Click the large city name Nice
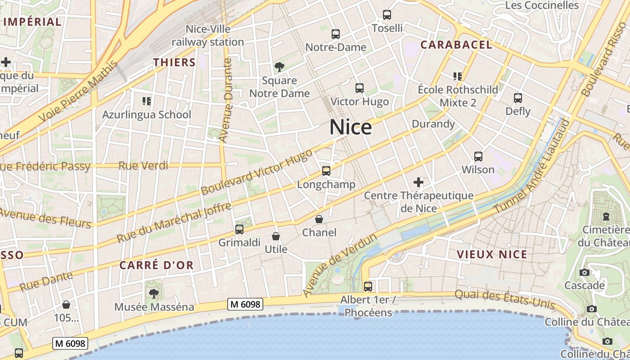click(351, 127)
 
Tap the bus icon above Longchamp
click(326, 171)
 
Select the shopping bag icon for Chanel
click(319, 220)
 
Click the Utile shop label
click(276, 248)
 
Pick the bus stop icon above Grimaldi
click(239, 229)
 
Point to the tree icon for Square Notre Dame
click(279, 67)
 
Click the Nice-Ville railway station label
click(208, 36)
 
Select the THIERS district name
click(175, 63)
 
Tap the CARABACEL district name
click(456, 45)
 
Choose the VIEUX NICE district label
click(492, 254)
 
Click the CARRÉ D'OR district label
click(157, 265)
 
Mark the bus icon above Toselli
click(387, 15)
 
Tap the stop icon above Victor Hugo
click(360, 88)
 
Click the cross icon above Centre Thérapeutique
click(418, 182)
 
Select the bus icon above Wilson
click(478, 157)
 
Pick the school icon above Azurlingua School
click(147, 101)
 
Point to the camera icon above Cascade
click(585, 272)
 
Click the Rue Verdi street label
click(143, 166)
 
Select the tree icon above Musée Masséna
click(154, 294)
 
